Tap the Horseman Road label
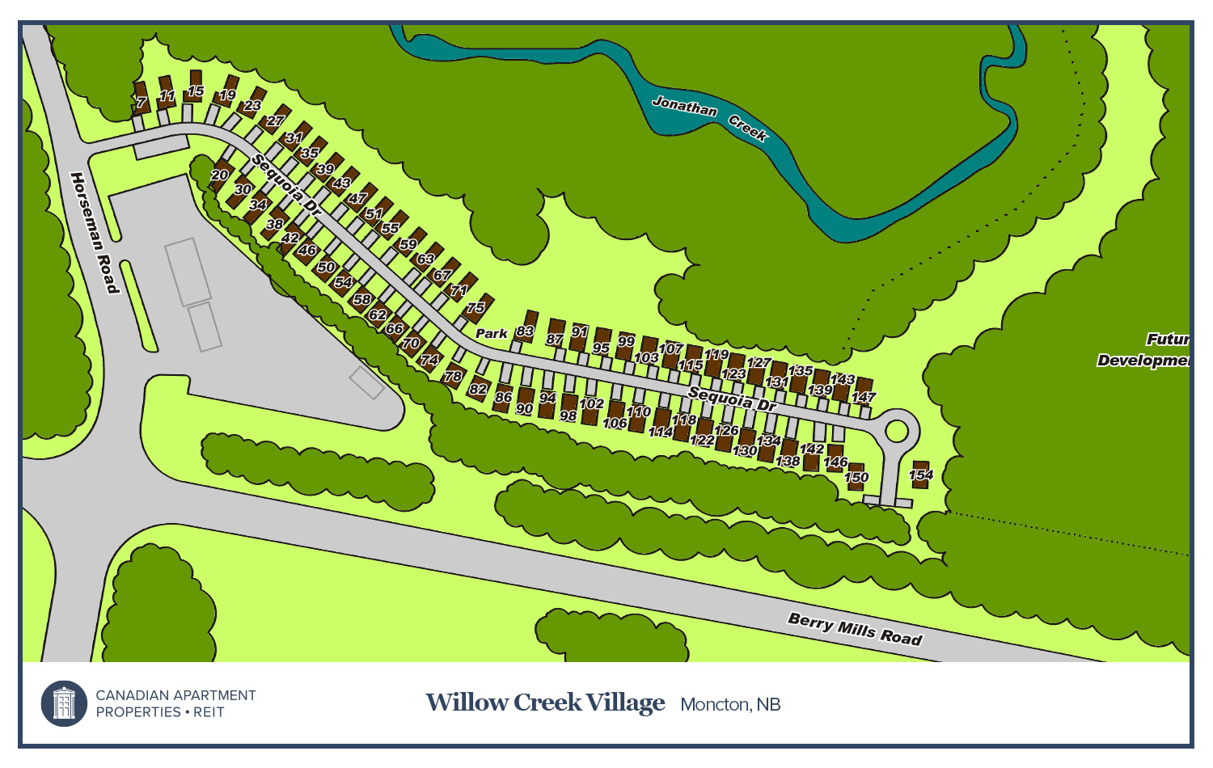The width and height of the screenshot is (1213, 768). [x=95, y=233]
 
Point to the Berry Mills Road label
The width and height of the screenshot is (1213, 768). [x=855, y=629]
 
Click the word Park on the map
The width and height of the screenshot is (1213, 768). [x=491, y=333]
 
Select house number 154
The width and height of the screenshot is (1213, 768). [x=920, y=474]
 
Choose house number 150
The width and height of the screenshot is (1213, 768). [x=856, y=476]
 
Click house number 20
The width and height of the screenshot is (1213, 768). [x=220, y=175]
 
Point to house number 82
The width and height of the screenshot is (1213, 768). [x=479, y=389]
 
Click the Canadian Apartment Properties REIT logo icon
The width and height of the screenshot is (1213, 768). [x=64, y=703]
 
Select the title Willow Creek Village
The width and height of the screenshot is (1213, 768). [x=545, y=703]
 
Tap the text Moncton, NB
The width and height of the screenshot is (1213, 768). [x=730, y=705]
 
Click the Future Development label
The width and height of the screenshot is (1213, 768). [x=1144, y=350]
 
